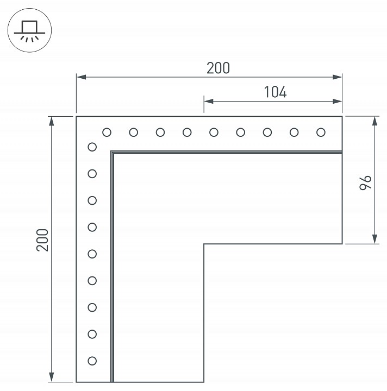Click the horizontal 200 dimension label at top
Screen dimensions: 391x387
coord(218,68)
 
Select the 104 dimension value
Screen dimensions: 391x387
coord(275,92)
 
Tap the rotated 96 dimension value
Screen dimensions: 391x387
coord(365,182)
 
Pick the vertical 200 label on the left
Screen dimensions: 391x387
coord(43,239)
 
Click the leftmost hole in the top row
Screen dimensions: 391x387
coord(107,132)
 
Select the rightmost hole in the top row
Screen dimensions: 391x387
coord(321,132)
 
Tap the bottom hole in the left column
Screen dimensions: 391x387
coord(92,361)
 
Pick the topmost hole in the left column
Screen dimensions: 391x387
coord(92,147)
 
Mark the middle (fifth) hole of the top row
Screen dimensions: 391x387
coord(214,132)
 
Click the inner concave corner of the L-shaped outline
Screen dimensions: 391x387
coord(204,244)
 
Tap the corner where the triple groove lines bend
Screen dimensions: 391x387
coord(112,153)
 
